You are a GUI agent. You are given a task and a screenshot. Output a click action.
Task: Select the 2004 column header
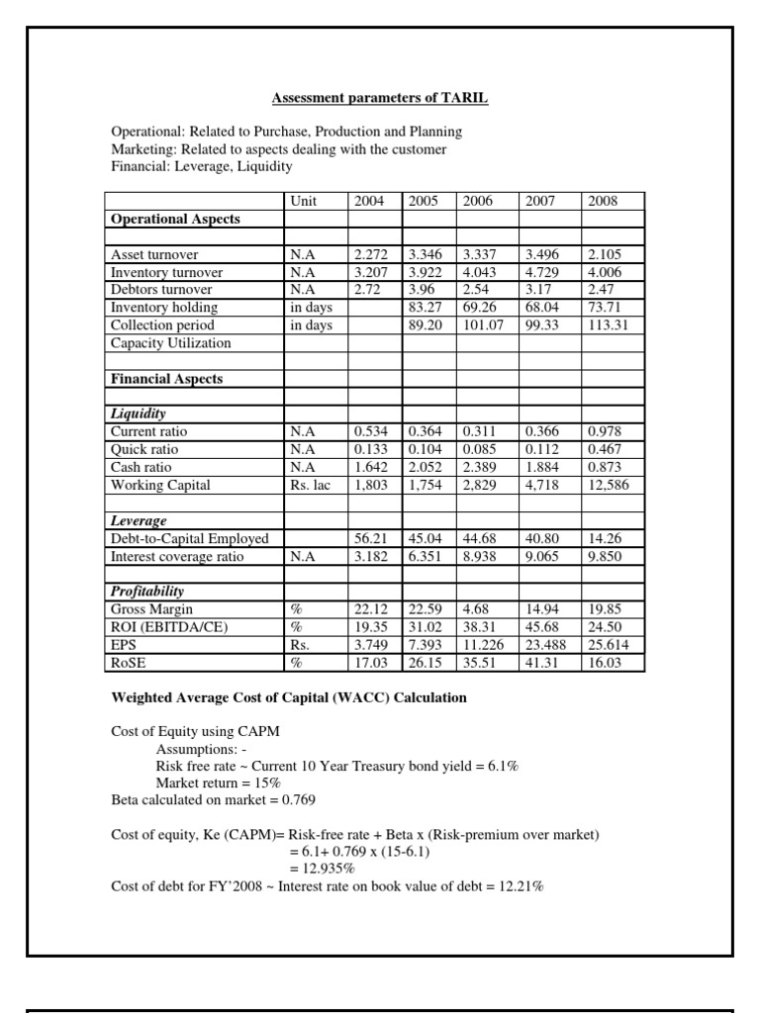[x=370, y=201]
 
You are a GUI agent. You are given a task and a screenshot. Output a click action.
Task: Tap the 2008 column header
[x=602, y=201]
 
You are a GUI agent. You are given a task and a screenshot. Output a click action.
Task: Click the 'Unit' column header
[x=303, y=201]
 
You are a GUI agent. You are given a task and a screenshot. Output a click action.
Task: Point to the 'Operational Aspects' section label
[x=175, y=219]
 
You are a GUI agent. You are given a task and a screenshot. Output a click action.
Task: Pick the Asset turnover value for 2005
[x=426, y=254]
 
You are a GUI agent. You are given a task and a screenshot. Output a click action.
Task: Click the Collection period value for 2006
[x=484, y=325]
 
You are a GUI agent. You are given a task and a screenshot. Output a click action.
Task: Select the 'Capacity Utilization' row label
[x=171, y=343]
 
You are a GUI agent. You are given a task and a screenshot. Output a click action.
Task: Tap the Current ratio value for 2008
[x=605, y=432]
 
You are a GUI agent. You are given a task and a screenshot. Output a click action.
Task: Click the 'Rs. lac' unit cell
[x=310, y=486]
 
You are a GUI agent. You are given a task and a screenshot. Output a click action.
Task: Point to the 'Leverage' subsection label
[x=139, y=520]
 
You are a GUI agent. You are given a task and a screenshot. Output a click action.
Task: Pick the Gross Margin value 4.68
[x=477, y=610]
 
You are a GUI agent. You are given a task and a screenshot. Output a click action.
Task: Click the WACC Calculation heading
[x=288, y=698]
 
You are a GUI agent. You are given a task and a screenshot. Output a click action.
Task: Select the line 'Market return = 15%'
[x=213, y=783]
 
